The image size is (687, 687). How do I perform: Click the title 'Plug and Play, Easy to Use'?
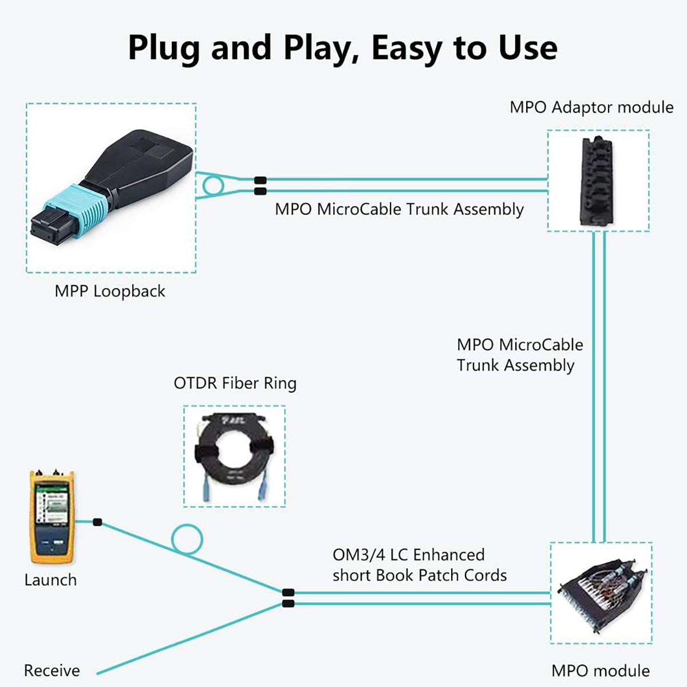pyautogui.click(x=342, y=48)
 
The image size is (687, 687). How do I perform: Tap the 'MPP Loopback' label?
pyautogui.click(x=110, y=291)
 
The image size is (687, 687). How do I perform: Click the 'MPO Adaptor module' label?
pyautogui.click(x=591, y=108)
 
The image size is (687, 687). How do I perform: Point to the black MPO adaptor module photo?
pyautogui.click(x=598, y=181)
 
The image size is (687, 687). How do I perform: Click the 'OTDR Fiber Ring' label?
pyautogui.click(x=235, y=383)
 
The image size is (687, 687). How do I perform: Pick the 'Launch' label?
pyautogui.click(x=50, y=580)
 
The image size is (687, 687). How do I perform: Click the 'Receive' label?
pyautogui.click(x=52, y=670)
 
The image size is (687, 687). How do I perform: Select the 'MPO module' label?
pyautogui.click(x=601, y=670)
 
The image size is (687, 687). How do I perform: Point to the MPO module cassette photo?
pyautogui.click(x=601, y=593)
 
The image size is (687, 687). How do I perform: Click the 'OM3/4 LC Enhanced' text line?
pyautogui.click(x=408, y=555)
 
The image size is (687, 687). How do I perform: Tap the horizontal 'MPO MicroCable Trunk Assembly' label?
pyautogui.click(x=399, y=210)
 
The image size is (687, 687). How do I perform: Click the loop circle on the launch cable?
pyautogui.click(x=187, y=539)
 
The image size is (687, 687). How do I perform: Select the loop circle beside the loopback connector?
pyautogui.click(x=212, y=185)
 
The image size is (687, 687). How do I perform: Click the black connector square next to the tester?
pyautogui.click(x=97, y=522)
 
